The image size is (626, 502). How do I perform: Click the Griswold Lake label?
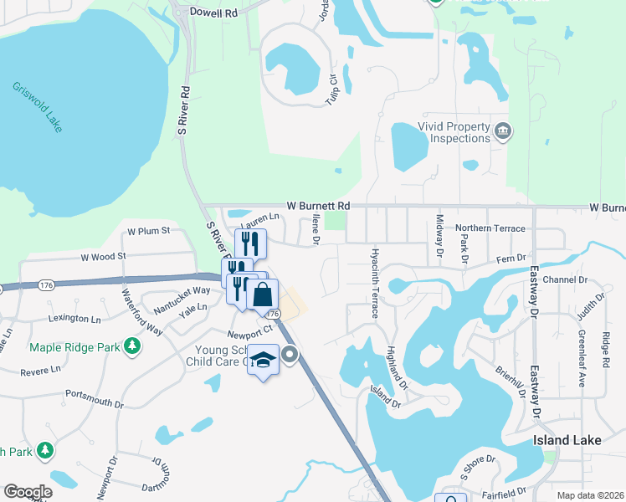(x=37, y=107)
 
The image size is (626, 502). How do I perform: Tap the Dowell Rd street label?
(x=214, y=12)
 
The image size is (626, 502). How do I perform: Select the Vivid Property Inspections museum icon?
(x=503, y=131)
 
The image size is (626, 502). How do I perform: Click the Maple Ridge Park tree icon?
(x=131, y=346)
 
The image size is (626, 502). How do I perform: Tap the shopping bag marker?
(x=263, y=295)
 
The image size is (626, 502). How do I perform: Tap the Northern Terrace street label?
(x=490, y=228)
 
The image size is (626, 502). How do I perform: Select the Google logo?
(x=27, y=492)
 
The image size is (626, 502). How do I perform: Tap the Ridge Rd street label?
(x=606, y=346)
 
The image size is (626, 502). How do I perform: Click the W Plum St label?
(x=148, y=230)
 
